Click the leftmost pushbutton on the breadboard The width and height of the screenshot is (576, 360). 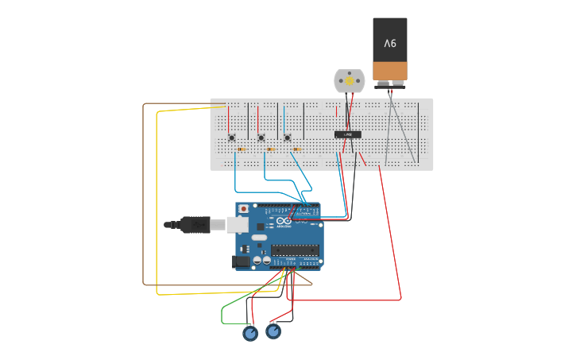232,137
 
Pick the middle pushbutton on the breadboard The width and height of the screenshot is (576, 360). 261,137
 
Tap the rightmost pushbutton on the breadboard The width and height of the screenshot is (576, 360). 288,137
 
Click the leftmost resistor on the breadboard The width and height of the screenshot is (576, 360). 242,149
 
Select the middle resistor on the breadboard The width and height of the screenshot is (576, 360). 271,149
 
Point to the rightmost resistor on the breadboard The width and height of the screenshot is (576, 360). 298,149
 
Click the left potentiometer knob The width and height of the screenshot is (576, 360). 250,334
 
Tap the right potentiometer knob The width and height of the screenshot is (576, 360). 273,331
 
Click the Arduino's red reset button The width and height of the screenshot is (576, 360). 243,209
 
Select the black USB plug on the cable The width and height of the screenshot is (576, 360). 195,225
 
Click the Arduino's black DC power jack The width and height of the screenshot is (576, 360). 241,261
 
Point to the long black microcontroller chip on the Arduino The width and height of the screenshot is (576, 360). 295,250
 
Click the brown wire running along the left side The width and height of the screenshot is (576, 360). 144,199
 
